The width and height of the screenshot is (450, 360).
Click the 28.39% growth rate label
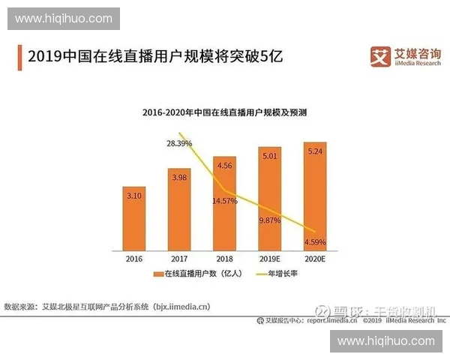coord(179,142)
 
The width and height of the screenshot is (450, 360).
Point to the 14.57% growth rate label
coord(224,201)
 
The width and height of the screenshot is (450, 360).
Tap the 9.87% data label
coord(269,220)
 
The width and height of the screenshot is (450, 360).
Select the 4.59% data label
coord(315,241)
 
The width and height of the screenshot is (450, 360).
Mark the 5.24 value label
coord(315,150)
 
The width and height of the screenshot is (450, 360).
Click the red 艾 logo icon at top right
coord(381,55)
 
